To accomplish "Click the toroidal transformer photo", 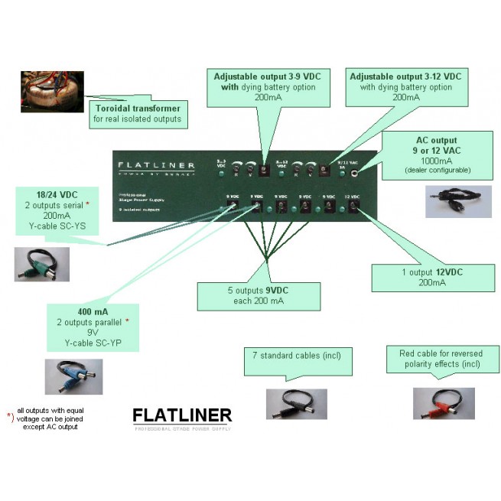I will [42, 93].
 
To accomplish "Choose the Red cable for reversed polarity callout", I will [439, 360].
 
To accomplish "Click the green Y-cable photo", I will [42, 264].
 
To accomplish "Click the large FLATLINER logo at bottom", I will [182, 416].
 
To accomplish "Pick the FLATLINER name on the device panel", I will [156, 165].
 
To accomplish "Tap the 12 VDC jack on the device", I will [352, 208].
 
